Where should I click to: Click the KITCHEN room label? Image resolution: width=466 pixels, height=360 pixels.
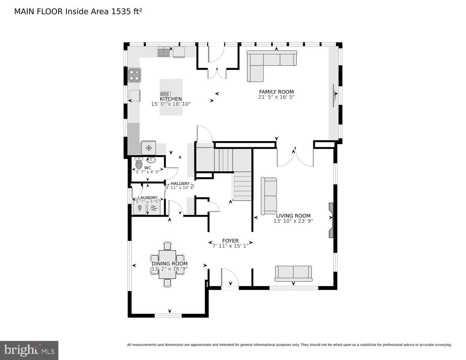point(171,99)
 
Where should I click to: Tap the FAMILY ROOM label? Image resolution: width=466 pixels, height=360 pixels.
point(276,92)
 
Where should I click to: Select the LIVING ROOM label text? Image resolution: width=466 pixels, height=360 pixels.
point(293,216)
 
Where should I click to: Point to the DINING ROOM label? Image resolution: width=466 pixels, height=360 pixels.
point(169,264)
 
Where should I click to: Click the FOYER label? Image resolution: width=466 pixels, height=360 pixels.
point(230,240)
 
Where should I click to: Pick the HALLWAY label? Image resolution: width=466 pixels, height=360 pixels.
point(180,184)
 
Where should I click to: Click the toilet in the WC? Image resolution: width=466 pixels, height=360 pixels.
point(139,163)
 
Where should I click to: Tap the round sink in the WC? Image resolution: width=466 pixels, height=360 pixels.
point(152,160)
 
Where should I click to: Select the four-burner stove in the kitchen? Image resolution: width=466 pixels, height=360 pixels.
point(134,75)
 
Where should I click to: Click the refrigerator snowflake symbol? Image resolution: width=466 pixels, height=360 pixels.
point(149,148)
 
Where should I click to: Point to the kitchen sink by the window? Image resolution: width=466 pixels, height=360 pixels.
point(163,51)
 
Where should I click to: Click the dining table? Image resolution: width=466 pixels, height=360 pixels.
point(167,265)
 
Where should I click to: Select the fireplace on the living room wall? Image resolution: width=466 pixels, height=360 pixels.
point(331,220)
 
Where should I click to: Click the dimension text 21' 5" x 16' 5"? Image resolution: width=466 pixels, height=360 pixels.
point(276,97)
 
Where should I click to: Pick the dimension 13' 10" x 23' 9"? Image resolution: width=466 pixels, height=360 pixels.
point(293,221)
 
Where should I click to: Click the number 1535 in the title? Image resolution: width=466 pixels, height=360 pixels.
point(119,12)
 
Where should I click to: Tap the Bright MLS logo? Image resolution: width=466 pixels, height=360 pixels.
point(29,350)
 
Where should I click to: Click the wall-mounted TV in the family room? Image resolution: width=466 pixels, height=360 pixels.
point(334,95)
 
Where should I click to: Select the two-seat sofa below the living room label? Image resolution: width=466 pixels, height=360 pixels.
point(294,274)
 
